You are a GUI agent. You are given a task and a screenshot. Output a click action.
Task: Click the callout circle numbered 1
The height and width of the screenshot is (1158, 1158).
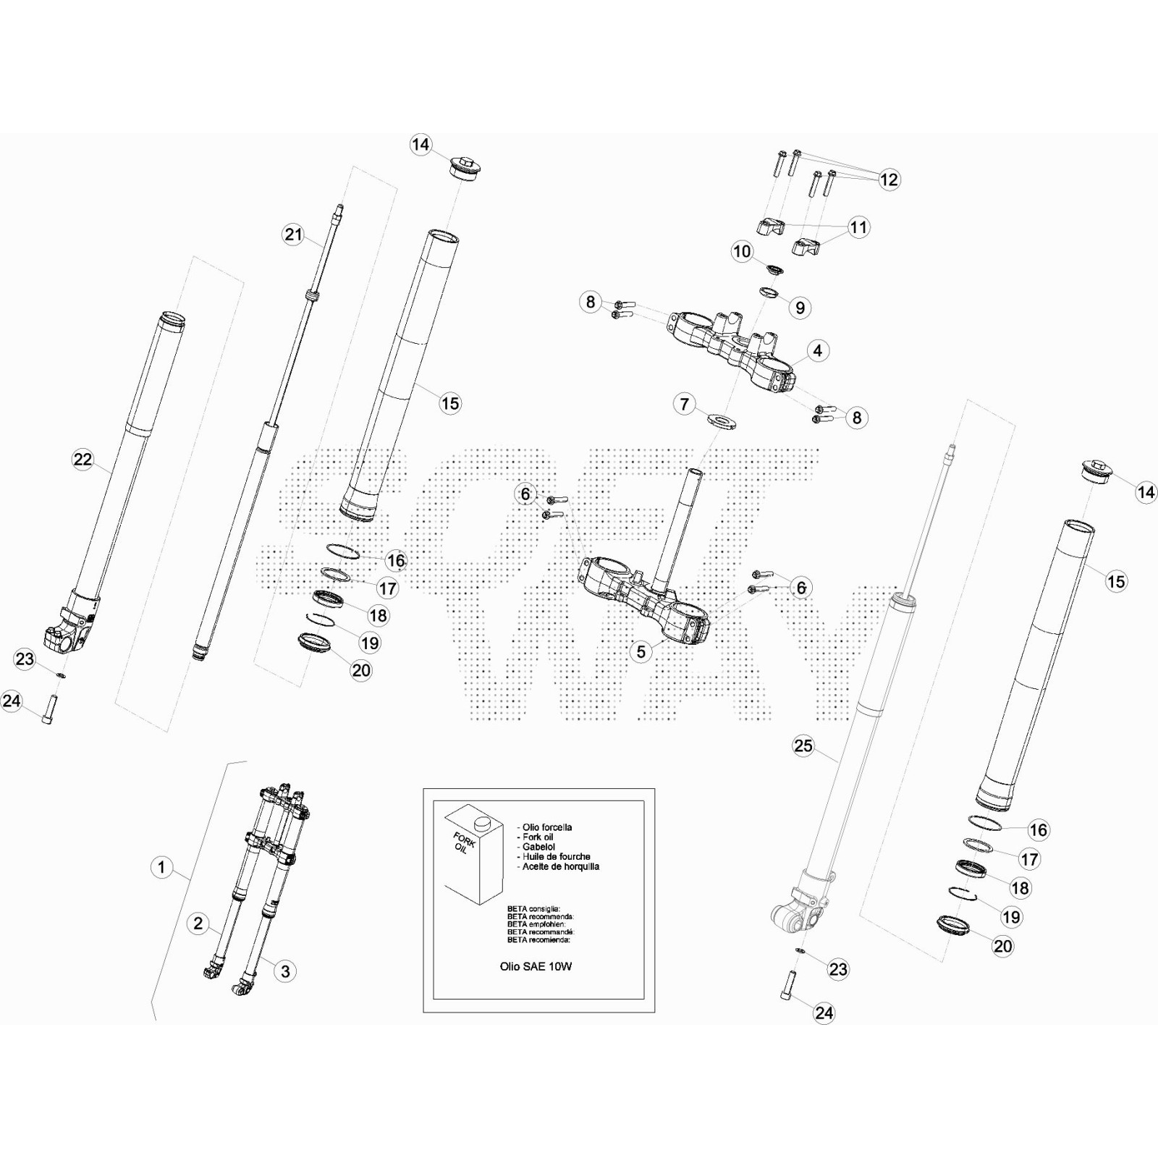coord(162,867)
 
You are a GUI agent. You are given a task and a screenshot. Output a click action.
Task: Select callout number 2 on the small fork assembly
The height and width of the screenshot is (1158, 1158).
coord(198,924)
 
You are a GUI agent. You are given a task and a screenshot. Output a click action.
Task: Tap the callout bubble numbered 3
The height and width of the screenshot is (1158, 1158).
coord(285,971)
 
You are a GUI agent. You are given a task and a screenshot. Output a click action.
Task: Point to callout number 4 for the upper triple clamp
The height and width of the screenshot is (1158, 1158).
coord(817,351)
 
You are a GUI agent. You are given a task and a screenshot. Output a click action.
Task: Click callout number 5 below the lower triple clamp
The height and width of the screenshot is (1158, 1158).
coord(641,651)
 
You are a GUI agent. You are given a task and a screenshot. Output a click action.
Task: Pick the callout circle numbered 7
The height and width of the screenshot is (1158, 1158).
coord(685,403)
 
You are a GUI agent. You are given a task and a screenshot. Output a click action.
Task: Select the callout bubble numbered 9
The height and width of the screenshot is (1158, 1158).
coord(800,308)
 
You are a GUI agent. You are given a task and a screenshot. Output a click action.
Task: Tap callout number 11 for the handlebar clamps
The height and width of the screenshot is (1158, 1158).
coord(858,227)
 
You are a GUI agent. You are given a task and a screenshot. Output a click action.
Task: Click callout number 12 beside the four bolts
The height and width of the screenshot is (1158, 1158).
coord(889,179)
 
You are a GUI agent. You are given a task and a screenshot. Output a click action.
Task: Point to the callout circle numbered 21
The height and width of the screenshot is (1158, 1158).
coord(293,234)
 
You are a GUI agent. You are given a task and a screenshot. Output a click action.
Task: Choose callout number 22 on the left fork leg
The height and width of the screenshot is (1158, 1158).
coord(83,459)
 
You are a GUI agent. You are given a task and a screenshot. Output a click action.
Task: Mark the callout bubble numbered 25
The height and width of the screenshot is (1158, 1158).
coord(803,745)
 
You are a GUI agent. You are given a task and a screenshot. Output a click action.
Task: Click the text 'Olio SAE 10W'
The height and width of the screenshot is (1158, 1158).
coord(536,966)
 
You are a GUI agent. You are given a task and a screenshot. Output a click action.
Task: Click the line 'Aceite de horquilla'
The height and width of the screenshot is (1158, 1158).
coord(560,866)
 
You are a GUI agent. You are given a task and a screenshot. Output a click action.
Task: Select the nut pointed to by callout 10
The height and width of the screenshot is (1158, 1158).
coord(774,270)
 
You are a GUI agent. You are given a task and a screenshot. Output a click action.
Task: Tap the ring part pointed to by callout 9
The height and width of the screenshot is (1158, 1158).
coord(769,292)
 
